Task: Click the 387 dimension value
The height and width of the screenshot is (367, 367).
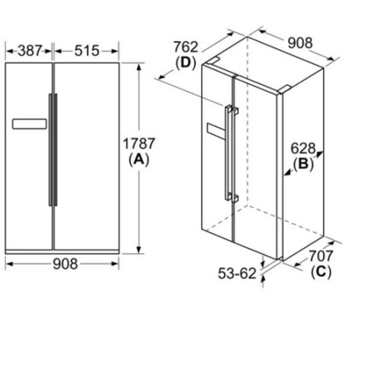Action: pos(30,51)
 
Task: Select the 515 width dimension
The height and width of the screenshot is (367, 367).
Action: pos(87,51)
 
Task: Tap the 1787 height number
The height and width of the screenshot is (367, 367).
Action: pos(139,143)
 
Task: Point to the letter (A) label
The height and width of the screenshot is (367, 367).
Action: pos(139,159)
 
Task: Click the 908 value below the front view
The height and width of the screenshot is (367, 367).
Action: pos(65,264)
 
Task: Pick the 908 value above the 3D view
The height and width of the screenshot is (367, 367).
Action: pos(300,43)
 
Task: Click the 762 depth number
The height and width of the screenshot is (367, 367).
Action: pos(186,47)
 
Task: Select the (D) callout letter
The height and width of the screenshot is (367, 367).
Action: pos(186,63)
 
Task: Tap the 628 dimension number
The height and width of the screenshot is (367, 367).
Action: pos(303,148)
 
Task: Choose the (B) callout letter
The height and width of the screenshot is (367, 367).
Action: pos(303,164)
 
